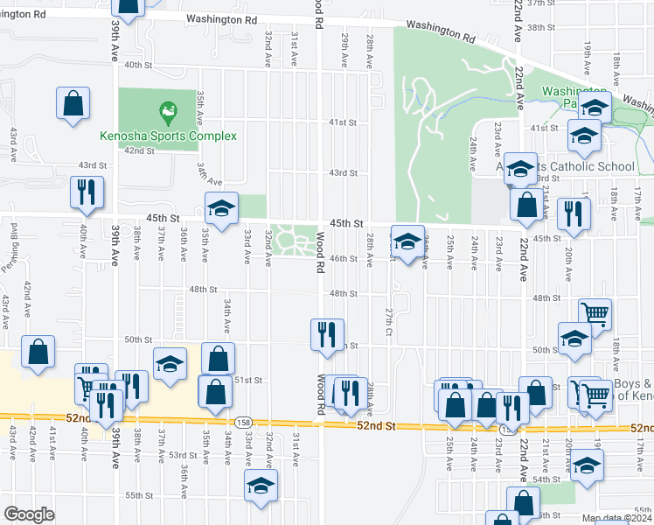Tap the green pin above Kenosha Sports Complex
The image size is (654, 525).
click(x=165, y=111)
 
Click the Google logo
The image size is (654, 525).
click(x=29, y=514)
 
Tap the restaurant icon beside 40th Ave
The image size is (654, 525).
click(x=87, y=193)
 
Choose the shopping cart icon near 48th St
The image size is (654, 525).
click(x=595, y=313)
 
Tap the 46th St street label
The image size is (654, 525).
click(x=343, y=259)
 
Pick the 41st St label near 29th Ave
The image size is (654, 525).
click(x=343, y=123)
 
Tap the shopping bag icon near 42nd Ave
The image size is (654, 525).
click(x=39, y=353)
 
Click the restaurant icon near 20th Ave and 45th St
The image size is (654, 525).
click(x=574, y=213)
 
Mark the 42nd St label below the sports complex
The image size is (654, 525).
click(x=139, y=150)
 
